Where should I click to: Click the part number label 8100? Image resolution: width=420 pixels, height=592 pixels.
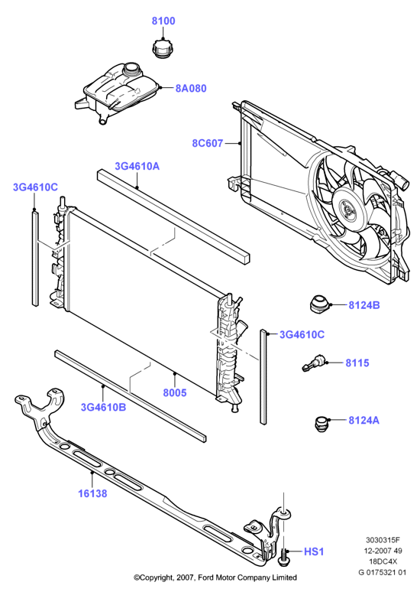point(163,21)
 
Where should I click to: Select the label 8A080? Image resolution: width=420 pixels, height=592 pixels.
point(191,89)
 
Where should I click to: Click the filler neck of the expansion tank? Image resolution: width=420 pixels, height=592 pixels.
point(131,70)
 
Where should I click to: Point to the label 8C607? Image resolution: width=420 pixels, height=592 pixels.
point(208,144)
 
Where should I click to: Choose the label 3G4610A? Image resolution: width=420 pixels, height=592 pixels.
point(137,166)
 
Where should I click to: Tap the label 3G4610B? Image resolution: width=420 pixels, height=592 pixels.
point(103,408)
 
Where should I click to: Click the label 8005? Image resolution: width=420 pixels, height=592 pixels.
point(175,392)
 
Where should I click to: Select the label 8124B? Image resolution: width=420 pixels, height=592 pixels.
point(363,305)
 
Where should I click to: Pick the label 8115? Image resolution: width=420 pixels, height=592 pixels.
point(357,363)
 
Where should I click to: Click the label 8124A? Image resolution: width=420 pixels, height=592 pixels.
point(363,420)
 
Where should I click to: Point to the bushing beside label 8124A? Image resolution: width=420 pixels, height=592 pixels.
point(321,424)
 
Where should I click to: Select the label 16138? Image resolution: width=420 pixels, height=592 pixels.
point(92,493)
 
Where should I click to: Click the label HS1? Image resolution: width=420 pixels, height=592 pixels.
point(314,552)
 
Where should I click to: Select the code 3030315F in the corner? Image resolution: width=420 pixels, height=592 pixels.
point(382,539)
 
